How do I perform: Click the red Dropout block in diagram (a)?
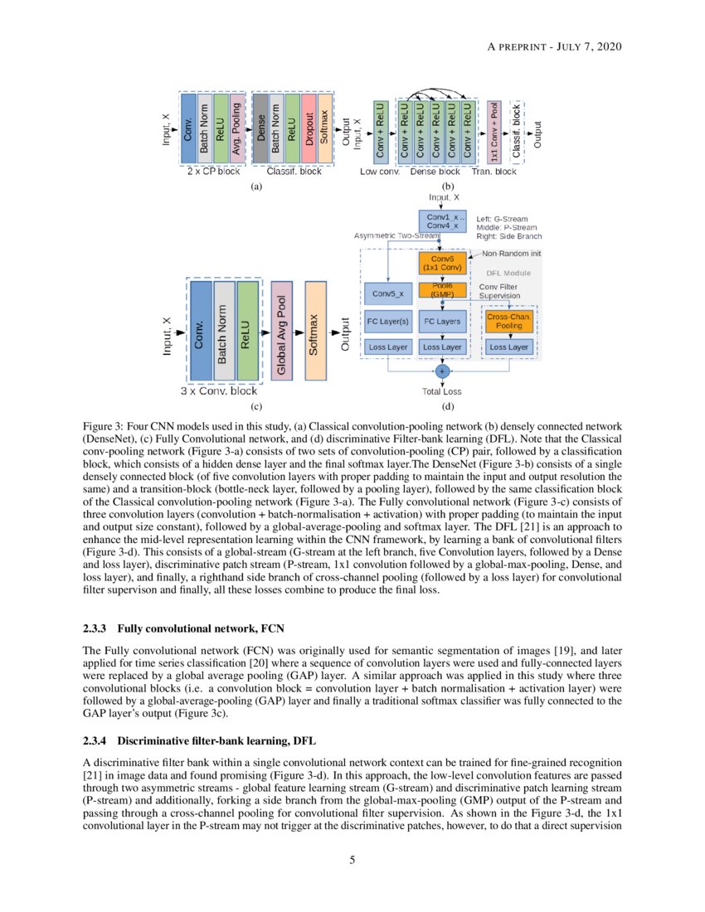308,129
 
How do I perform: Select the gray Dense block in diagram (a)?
260,129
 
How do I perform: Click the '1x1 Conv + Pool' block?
494,131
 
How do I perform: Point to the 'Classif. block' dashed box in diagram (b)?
517,131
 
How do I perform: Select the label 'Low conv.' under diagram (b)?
380,172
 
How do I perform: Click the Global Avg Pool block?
282,331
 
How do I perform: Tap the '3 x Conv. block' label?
219,391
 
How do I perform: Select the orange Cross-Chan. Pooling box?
509,322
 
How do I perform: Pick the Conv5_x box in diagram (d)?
388,293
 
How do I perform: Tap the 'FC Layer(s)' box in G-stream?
388,321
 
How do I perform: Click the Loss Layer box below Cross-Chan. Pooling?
509,347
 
